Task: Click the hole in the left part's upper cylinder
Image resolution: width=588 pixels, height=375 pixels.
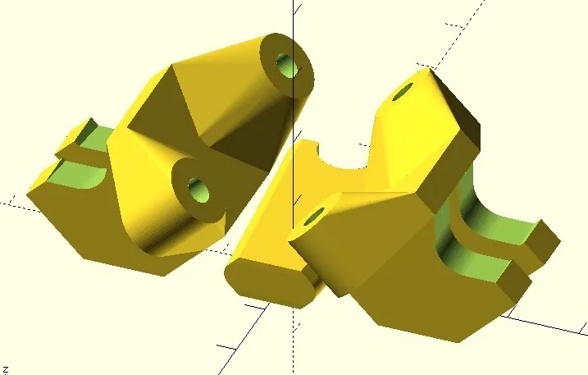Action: click(288, 66)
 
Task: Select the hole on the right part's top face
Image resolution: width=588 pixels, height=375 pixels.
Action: click(403, 92)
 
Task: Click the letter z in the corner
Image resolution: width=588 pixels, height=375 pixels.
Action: click(5, 370)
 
